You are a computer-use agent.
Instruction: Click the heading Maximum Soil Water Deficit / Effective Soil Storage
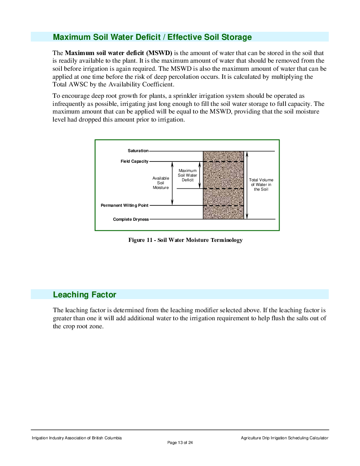click(152, 37)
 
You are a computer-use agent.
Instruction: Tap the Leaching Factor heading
click(84, 294)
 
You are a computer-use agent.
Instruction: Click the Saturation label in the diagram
click(138, 151)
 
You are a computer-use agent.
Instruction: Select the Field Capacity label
click(134, 161)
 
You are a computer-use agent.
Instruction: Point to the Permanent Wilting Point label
click(125, 205)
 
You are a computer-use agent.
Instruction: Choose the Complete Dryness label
click(131, 219)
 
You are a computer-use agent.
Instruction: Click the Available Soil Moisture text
click(161, 183)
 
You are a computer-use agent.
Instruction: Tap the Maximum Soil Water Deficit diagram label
click(188, 175)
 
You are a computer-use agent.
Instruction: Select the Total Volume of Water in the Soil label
click(261, 185)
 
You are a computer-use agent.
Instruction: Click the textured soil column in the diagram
click(223, 185)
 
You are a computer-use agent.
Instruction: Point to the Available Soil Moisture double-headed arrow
click(172, 183)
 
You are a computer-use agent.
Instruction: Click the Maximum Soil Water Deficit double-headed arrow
click(199, 175)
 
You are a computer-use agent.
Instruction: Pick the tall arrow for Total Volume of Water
click(247, 185)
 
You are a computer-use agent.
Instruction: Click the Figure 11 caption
click(186, 240)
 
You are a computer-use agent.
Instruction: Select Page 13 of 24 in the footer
click(180, 443)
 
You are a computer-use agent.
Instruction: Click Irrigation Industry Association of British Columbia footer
click(77, 438)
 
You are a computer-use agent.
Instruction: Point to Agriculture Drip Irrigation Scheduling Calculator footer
click(285, 438)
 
